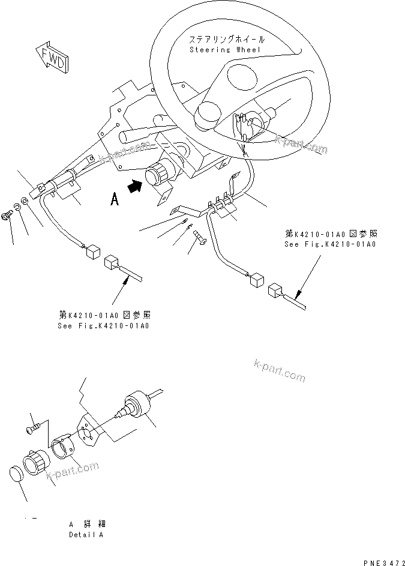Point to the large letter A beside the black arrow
(x=114, y=199)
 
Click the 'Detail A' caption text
(x=85, y=534)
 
